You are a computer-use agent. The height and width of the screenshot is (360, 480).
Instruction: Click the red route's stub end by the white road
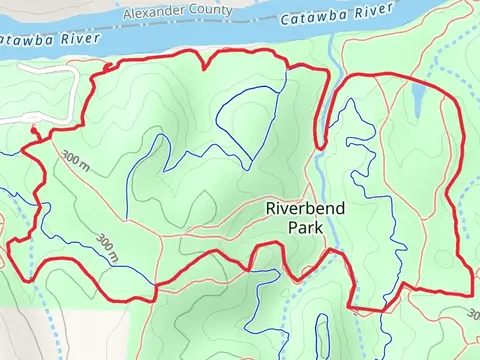pos(34,129)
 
